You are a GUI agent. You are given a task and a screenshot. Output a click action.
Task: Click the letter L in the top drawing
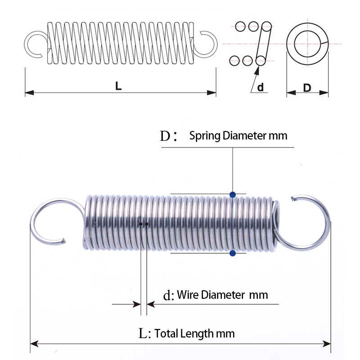click(x=118, y=85)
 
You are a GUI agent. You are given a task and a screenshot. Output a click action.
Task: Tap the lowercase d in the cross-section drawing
click(x=261, y=87)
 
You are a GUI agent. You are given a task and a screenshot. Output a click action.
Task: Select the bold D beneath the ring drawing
click(x=307, y=88)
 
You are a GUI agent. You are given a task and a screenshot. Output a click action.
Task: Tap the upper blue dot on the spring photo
click(x=232, y=195)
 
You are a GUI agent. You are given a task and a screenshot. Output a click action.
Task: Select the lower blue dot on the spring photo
click(x=232, y=254)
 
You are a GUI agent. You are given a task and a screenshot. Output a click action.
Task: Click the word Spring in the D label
click(x=205, y=135)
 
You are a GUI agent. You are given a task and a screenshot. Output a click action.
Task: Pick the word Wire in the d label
click(x=188, y=295)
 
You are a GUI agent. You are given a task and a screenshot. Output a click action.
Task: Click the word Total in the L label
click(x=166, y=334)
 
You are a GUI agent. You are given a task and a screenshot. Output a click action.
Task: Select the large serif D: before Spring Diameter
click(x=166, y=136)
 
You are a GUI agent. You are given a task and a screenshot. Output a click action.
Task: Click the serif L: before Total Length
click(x=144, y=334)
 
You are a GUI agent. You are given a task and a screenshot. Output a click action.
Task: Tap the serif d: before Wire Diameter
click(x=167, y=296)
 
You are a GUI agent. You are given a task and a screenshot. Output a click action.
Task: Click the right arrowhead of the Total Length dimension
click(x=328, y=344)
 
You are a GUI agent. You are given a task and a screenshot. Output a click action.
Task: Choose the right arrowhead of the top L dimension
click(x=213, y=93)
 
